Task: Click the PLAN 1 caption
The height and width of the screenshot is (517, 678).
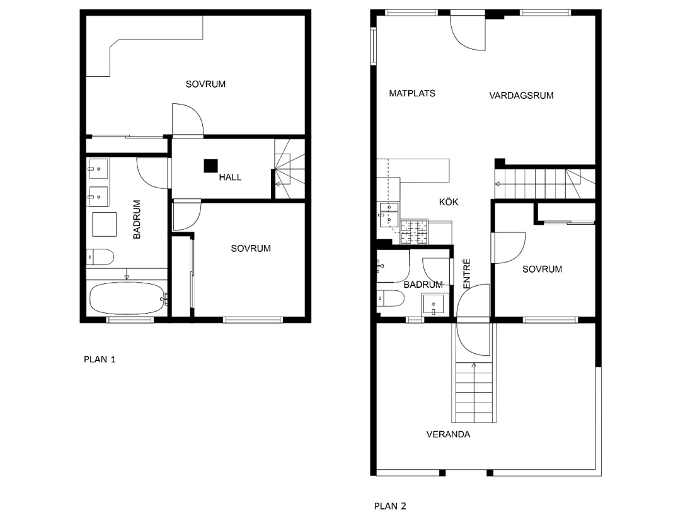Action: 100,359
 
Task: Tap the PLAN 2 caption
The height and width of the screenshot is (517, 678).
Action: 390,506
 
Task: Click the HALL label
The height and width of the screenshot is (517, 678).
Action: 230,177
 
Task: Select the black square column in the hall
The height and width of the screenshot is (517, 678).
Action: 210,166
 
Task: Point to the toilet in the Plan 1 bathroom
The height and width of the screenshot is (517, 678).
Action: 100,257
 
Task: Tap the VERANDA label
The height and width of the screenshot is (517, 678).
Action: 448,435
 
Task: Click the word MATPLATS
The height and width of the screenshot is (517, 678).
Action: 412,93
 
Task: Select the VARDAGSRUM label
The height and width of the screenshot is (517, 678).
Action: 521,96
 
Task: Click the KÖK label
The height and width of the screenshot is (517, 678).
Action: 449,202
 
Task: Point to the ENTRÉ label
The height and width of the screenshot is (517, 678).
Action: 466,274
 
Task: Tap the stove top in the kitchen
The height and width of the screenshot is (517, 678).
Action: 414,232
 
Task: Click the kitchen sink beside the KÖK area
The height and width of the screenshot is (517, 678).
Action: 389,214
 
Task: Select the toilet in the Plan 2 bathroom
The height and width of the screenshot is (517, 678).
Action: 391,298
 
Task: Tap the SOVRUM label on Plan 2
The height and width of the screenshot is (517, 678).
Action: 543,270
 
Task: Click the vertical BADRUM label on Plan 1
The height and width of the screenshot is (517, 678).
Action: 137,219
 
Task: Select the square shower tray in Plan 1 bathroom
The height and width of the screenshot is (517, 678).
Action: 104,224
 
